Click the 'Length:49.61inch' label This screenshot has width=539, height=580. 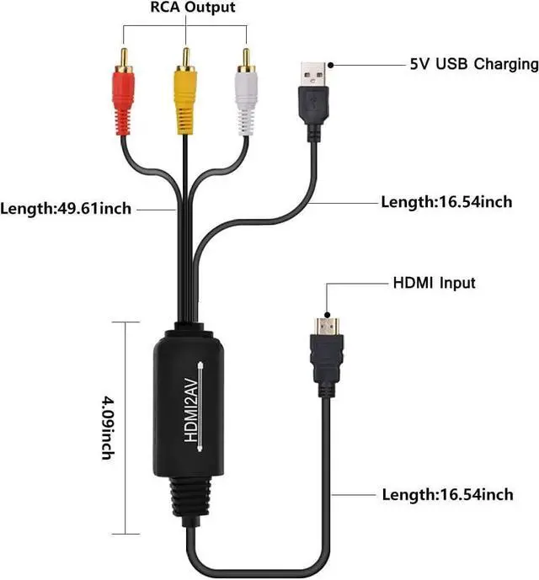67,208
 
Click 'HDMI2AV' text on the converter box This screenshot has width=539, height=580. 190,412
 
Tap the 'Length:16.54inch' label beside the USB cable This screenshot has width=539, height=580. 446,202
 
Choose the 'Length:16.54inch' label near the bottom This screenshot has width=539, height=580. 446,495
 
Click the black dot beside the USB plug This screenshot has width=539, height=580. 331,64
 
